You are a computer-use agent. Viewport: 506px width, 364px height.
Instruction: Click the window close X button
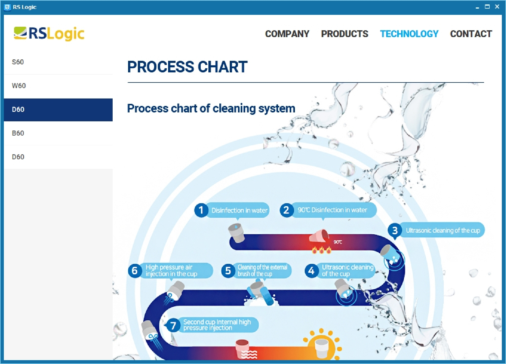(x=497, y=7)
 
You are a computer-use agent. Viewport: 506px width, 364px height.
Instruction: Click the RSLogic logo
(x=49, y=34)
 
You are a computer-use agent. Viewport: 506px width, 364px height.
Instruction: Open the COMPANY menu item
(x=287, y=34)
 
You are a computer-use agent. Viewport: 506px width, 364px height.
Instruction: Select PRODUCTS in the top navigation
(x=345, y=34)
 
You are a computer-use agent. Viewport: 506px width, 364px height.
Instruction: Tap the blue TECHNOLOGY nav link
(x=409, y=34)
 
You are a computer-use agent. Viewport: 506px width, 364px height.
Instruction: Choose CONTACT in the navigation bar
(x=471, y=34)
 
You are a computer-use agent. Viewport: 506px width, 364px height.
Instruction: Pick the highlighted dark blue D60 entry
(x=58, y=110)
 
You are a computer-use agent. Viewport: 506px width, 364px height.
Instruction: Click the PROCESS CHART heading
(x=187, y=67)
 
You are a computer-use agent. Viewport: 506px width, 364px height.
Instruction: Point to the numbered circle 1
(x=201, y=210)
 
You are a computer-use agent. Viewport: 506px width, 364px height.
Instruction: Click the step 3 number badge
(x=395, y=231)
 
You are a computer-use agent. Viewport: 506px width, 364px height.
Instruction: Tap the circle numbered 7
(x=173, y=325)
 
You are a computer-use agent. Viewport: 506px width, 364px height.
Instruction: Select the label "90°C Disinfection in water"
(x=332, y=210)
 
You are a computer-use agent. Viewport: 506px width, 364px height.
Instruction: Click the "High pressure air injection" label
(x=171, y=270)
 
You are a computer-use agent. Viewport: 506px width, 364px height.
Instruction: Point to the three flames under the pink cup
(x=322, y=250)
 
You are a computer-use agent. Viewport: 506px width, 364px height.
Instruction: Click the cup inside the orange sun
(x=321, y=348)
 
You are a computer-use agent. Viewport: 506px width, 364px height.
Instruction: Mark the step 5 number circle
(x=228, y=270)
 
